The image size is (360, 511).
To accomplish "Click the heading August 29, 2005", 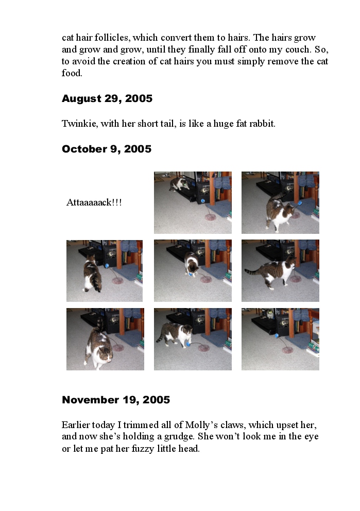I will (107, 98).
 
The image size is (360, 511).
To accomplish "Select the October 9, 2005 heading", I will (107, 149).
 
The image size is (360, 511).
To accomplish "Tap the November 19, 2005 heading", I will (116, 400).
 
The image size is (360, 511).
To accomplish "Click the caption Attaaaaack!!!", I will (94, 202).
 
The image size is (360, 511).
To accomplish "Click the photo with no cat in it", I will (280, 339).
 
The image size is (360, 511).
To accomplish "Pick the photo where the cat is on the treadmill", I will (193, 202).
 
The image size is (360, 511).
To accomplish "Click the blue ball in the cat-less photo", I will (277, 336).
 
